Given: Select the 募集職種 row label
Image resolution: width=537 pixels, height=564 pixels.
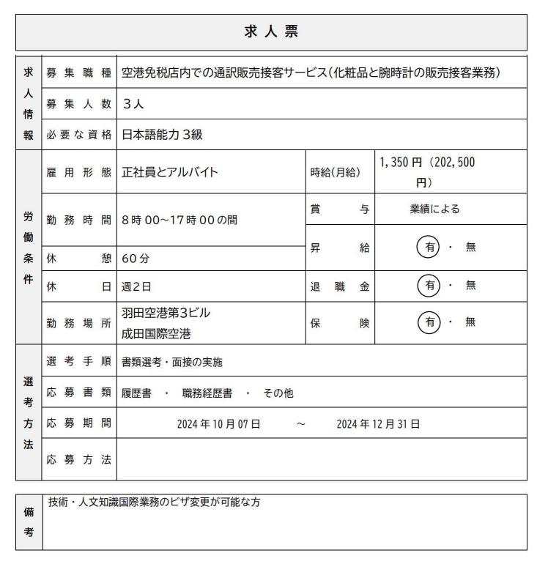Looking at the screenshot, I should pos(78,73).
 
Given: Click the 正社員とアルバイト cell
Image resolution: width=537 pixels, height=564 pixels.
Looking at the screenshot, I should pos(170,173).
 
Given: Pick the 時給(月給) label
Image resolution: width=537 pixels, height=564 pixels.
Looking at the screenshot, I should pos(336,173).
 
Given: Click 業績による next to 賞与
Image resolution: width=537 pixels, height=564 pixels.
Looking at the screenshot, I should pos(435,209).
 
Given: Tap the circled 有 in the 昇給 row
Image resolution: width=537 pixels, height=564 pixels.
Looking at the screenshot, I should pos(429,248).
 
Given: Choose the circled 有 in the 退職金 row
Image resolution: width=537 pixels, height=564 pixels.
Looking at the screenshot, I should pos(429,286).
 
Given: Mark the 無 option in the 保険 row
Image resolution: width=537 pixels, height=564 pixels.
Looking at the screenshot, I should pos(470,322).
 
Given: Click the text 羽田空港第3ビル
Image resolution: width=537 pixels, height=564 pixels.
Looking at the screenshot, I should pos(166,313).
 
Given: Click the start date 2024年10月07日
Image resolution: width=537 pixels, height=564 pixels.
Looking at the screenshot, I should pos(218,423).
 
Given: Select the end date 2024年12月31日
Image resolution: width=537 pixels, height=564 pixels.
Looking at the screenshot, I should pos(378,423).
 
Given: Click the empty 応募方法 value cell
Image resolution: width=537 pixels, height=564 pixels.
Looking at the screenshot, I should pos(321,459).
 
